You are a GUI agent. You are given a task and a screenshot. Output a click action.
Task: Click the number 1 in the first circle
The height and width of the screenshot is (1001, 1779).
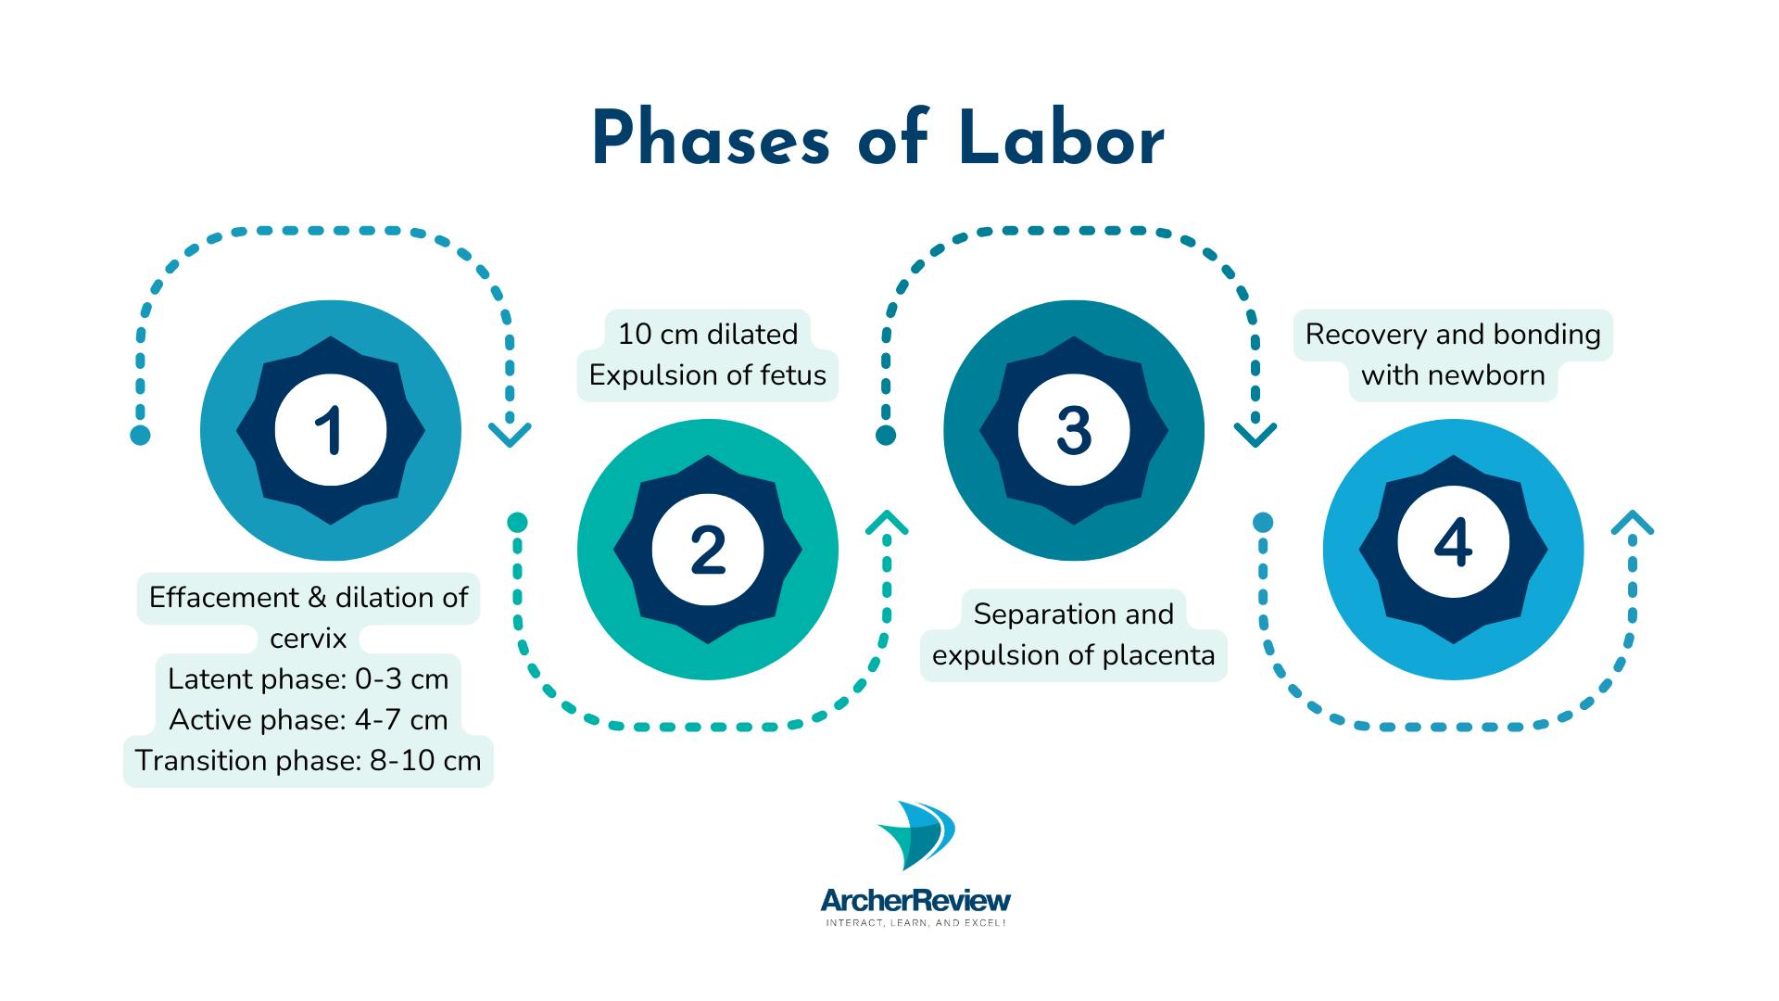330,431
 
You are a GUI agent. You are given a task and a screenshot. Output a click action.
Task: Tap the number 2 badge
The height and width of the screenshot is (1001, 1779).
708,550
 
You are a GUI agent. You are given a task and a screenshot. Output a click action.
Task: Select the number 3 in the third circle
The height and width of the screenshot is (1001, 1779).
1074,431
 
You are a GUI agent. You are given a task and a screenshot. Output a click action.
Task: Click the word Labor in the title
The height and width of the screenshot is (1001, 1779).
1062,139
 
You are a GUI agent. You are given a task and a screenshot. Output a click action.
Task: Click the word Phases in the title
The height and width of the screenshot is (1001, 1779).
711,139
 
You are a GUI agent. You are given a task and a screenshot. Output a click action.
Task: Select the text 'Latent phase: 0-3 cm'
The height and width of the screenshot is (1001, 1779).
309,679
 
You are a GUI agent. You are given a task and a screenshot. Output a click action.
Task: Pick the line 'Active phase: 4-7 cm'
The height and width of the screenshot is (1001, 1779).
309,720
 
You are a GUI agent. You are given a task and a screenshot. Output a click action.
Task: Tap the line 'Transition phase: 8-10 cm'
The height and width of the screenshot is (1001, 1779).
309,761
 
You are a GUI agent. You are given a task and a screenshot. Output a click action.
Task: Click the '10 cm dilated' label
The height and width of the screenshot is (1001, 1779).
708,334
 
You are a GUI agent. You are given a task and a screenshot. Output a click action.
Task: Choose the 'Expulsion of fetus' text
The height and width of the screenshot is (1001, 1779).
708,375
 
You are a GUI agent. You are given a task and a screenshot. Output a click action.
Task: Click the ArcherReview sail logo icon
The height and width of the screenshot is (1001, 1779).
916,836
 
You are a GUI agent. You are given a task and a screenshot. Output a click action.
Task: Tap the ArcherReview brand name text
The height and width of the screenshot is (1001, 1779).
915,900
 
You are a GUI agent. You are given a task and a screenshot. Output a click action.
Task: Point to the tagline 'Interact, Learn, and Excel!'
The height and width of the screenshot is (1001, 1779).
915,923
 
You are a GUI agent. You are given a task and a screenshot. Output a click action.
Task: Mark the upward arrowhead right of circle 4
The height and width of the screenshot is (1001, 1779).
1633,523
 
